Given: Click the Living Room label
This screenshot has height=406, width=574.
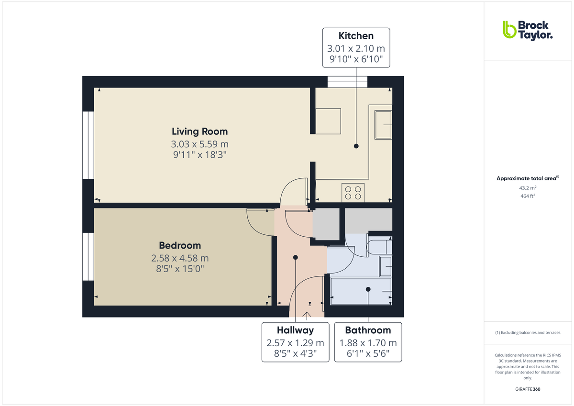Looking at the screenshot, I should coord(199,131).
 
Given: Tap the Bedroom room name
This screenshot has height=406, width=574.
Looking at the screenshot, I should coord(180,245).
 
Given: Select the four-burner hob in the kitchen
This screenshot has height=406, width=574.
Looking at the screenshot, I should coord(353,192).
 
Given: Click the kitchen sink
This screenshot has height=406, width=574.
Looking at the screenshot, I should coord(383,124).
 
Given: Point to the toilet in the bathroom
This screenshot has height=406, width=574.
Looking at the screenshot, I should coord(379,247).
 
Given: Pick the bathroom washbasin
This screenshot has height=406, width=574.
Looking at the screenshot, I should coord(385,266).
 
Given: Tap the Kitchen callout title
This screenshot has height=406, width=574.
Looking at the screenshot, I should coord(356,36).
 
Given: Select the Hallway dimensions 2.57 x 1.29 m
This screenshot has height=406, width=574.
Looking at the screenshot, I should coord(295,343).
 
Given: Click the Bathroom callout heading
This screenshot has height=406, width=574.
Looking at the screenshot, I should coord(368,330).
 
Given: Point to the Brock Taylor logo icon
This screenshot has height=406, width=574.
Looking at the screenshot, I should coord(509,30).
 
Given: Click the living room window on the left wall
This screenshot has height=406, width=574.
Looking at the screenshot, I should coord(88,145).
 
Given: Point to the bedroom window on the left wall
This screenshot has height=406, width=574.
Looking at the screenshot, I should coord(88,256).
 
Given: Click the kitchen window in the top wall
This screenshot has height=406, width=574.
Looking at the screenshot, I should coord(347,82).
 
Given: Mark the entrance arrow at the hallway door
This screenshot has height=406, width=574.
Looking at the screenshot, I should coord(307,314).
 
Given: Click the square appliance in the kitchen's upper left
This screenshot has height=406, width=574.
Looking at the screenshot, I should coord(328,121).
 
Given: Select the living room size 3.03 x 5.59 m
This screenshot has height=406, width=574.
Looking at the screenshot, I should coord(199,144).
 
